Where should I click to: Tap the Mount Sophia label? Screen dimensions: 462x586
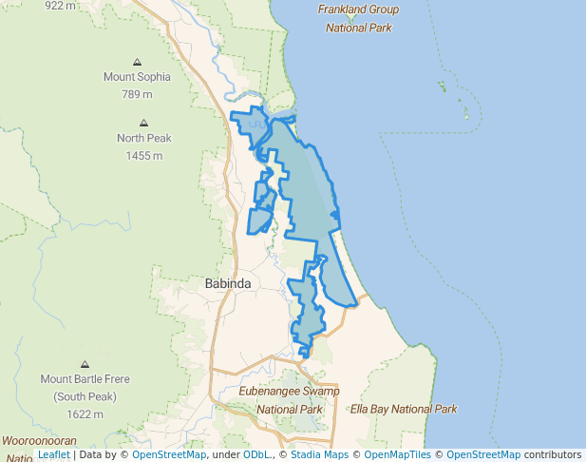[137, 77]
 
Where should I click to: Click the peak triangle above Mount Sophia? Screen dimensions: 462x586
[138, 60]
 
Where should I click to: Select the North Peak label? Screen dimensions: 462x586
[144, 138]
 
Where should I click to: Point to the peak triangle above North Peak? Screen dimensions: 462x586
[144, 122]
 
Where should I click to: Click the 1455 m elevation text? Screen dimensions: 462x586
[144, 155]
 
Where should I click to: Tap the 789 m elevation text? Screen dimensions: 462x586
[137, 94]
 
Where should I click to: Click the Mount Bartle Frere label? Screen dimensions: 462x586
[85, 379]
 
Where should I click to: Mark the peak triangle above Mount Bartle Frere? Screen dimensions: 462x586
[85, 363]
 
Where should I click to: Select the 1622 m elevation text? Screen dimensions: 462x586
[85, 414]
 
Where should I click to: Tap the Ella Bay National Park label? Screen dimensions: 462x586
[404, 410]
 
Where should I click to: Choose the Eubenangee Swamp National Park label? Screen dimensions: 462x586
[290, 400]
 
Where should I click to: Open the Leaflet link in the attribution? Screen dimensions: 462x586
[53, 455]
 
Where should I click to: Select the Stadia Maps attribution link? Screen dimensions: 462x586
[319, 455]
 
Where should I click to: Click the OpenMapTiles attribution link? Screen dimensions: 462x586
[399, 455]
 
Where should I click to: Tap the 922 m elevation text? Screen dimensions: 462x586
[60, 6]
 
